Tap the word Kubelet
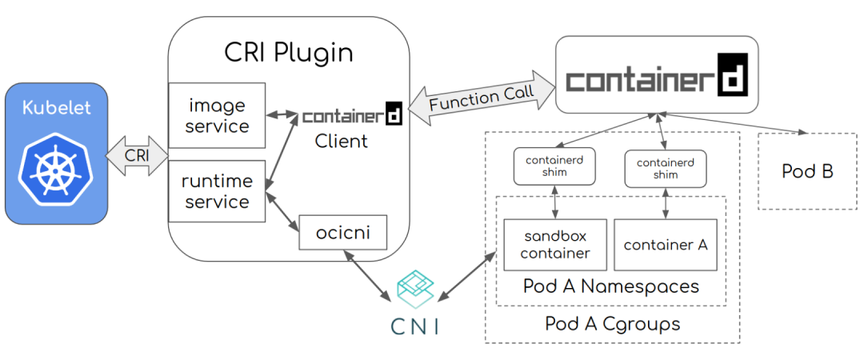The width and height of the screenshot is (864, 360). coord(56,107)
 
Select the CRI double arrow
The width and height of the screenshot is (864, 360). coord(138,154)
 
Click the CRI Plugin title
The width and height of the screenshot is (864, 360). coord(288,54)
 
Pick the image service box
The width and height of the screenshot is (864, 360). coord(217,115)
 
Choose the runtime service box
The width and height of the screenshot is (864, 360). coord(217,191)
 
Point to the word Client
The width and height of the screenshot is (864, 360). coord(342,142)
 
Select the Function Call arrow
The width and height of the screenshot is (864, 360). coord(482,96)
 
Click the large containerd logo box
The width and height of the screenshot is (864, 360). coord(657,75)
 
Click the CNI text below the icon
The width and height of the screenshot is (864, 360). coord(414,326)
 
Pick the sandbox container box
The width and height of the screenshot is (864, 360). coord(555,244)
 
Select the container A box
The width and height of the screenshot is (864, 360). coord(666,244)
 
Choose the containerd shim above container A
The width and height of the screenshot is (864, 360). coord(665,168)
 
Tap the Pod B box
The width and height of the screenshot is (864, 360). coord(807,171)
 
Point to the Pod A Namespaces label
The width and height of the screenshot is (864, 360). coord(611,286)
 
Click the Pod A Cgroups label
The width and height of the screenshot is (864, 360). coord(612,324)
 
